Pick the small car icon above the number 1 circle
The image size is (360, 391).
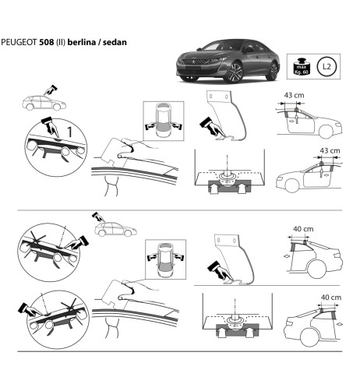[x=35, y=101]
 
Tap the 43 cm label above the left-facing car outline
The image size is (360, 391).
[x=330, y=150]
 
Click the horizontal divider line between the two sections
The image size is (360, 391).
[x=179, y=210]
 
